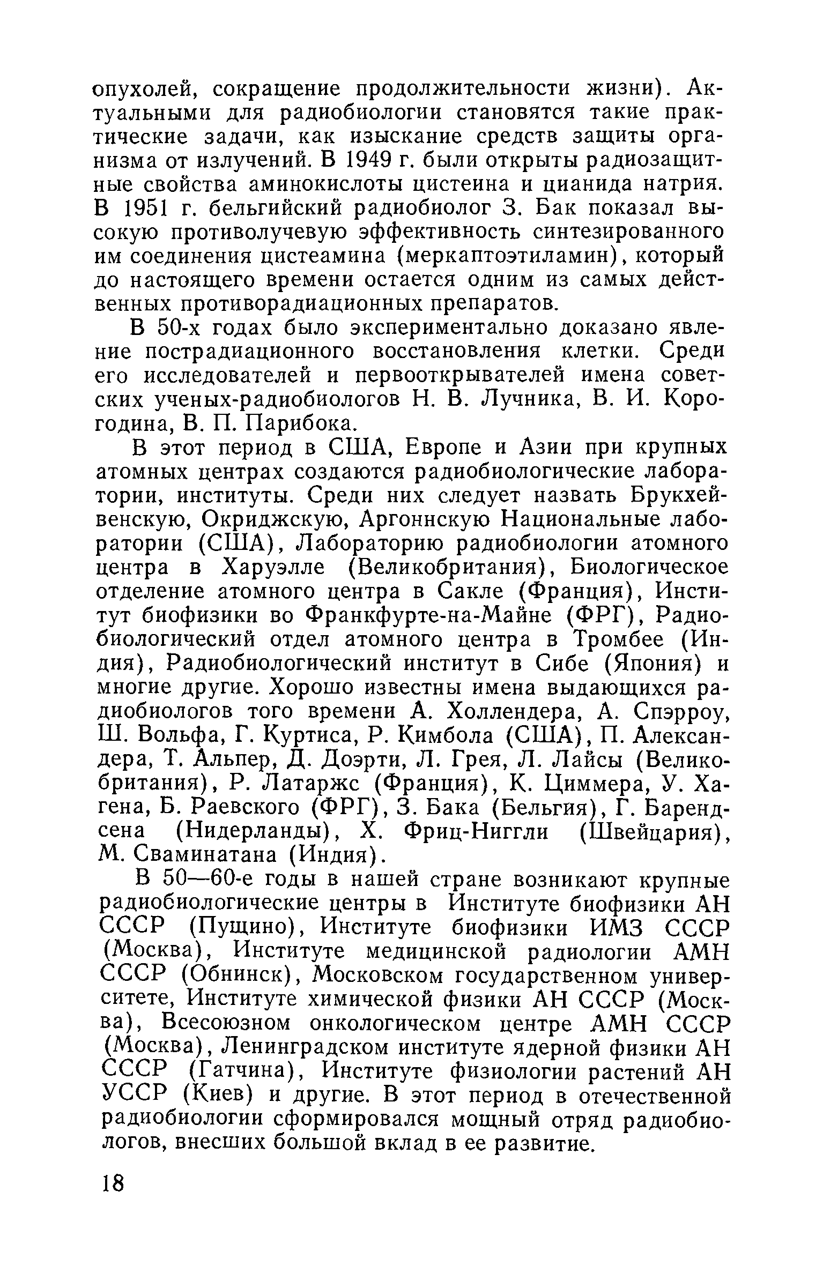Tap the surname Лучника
coord(532,400)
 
